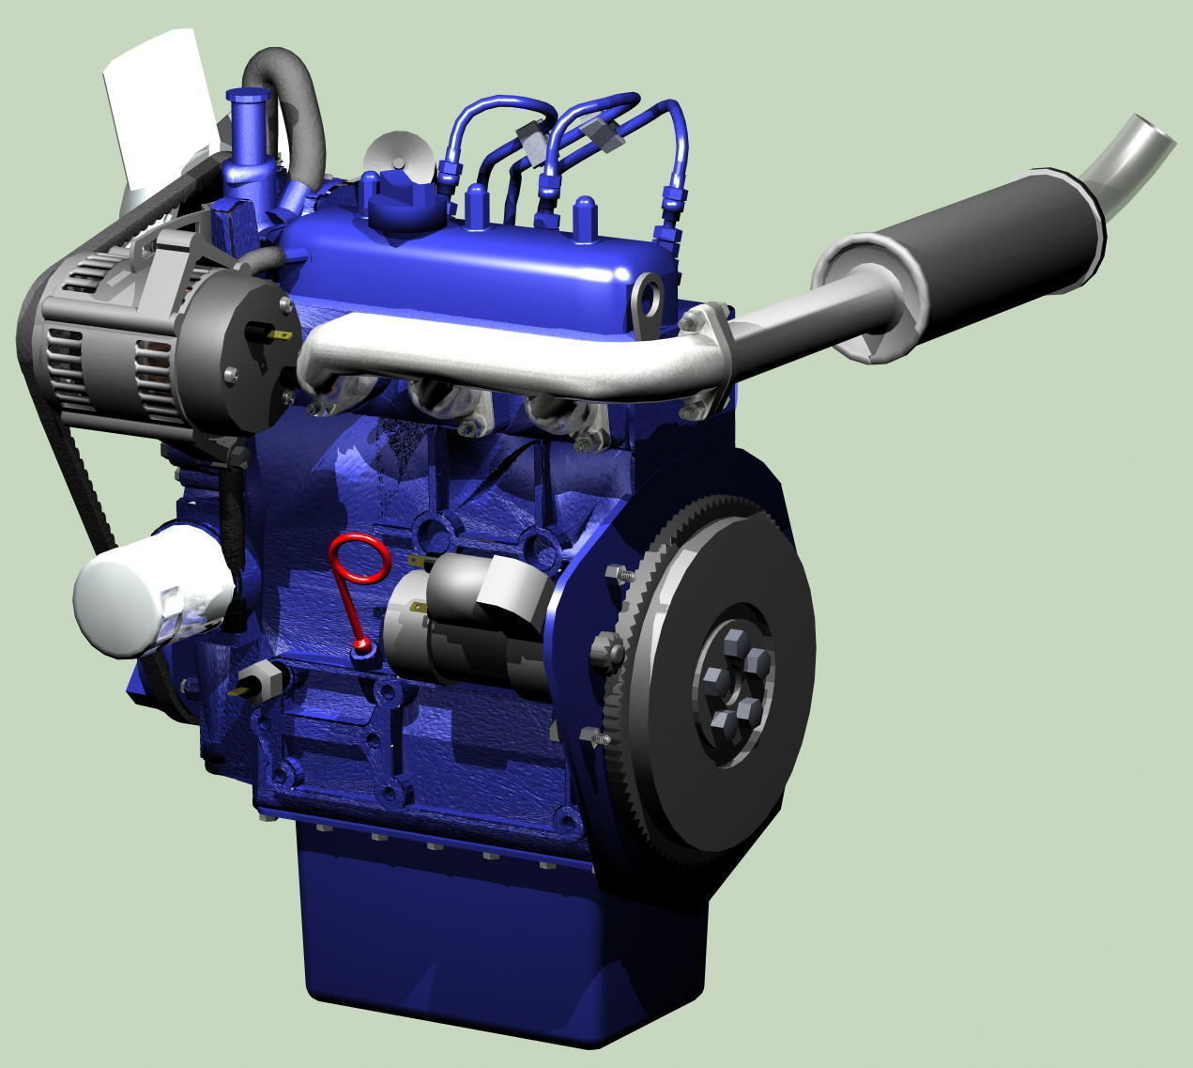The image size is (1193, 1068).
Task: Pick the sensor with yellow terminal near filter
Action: (x=261, y=680)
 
